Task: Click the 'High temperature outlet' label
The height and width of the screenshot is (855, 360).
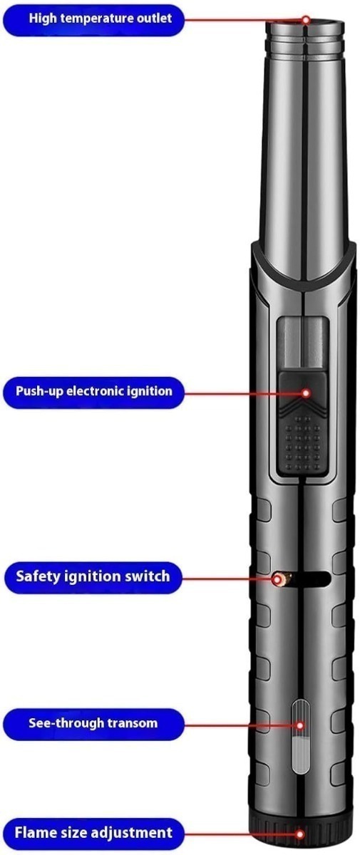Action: coord(93,20)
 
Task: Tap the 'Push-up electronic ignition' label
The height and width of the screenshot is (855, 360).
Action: coord(93,392)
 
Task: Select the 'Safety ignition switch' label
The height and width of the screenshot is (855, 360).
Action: coord(93,577)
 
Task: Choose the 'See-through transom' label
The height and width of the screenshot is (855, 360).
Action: coord(93,724)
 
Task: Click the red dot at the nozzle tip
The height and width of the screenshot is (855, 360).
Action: coord(306,19)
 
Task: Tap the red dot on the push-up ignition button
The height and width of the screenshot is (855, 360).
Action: coord(306,393)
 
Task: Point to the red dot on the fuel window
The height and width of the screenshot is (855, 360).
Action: coord(300,725)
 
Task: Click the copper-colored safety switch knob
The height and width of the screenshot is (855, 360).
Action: coord(282,579)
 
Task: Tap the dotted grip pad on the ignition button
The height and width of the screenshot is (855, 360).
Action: coord(304,442)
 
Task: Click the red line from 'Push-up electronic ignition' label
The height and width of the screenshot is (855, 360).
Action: coord(243,393)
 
